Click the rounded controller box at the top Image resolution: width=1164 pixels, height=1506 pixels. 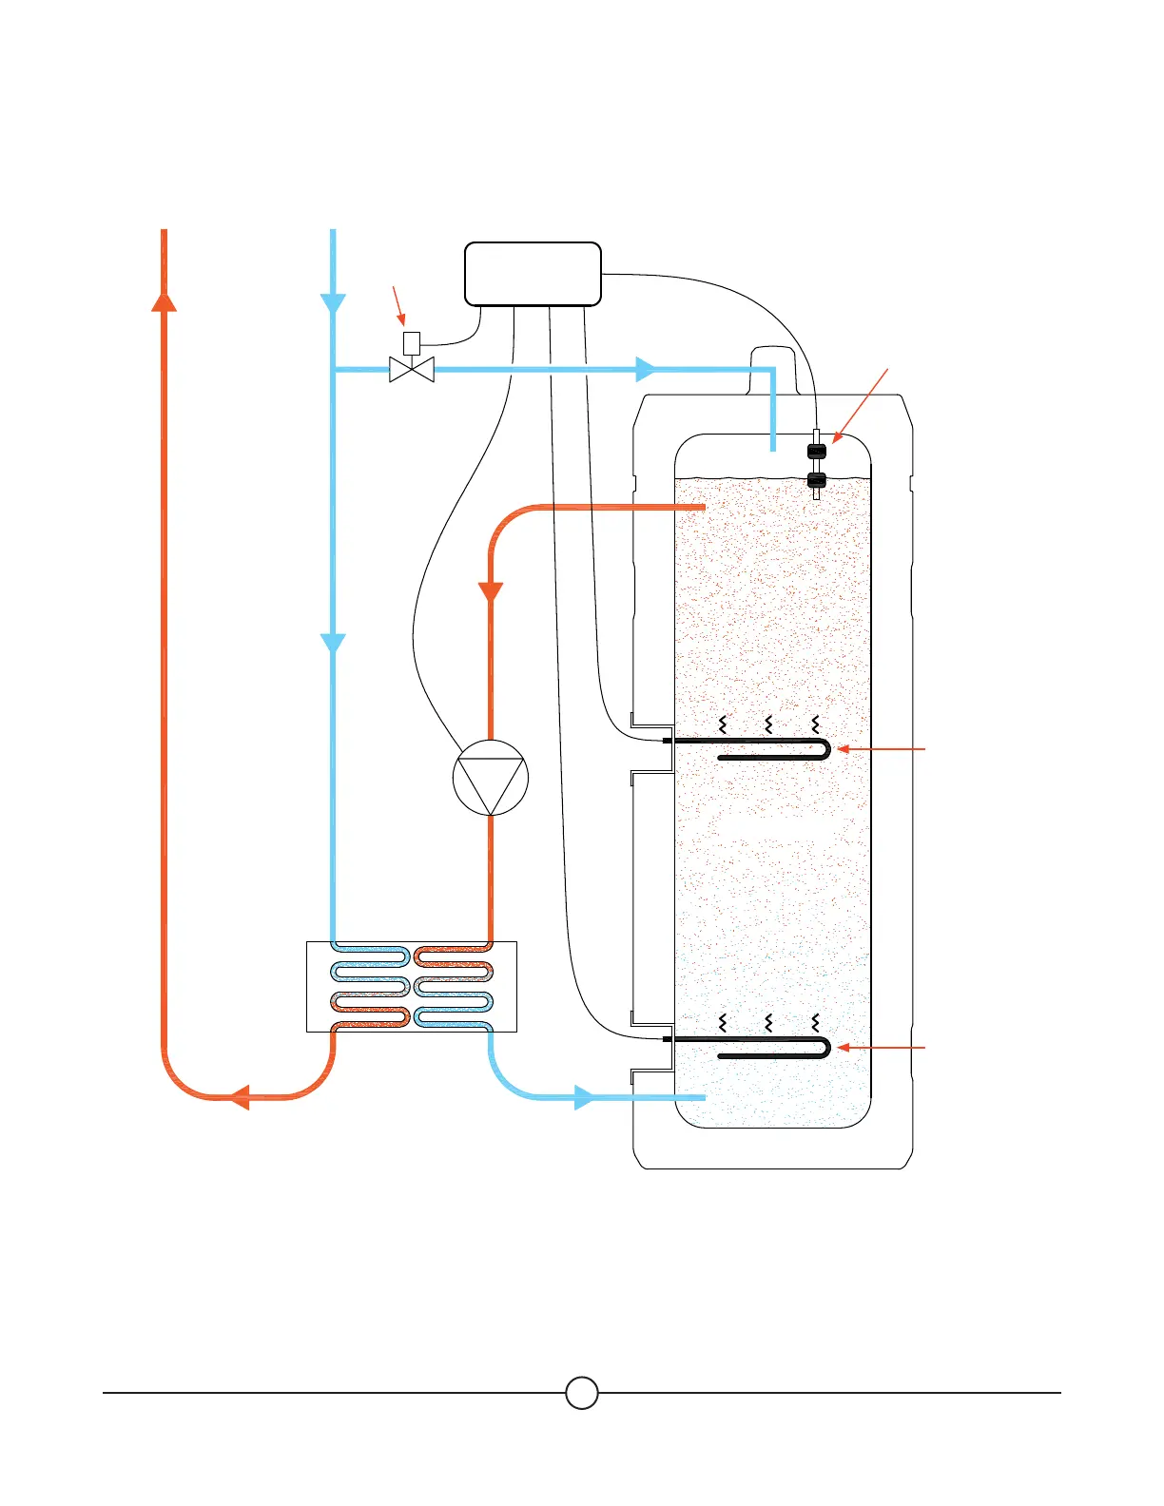533,274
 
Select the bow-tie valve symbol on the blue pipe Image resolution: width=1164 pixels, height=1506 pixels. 412,369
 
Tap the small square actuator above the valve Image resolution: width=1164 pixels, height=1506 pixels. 412,342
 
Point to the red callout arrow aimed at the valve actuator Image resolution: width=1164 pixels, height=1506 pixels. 399,306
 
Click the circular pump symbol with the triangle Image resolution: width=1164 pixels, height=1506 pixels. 491,778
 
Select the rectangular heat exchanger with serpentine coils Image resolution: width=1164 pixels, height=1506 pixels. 412,986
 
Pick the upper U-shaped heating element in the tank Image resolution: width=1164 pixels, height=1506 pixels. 770,749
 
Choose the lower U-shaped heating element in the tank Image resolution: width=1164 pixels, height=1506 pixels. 770,1048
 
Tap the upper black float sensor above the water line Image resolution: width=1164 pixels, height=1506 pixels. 816,451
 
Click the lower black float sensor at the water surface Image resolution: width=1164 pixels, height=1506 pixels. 816,480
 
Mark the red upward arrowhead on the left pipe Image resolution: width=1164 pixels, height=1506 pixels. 165,300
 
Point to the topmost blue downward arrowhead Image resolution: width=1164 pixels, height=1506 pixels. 333,304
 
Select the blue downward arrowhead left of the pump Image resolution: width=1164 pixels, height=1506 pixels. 333,644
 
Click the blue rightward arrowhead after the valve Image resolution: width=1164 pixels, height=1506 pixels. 646,369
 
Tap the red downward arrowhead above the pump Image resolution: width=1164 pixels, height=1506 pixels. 491,590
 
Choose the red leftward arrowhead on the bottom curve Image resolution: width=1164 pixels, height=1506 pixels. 240,1097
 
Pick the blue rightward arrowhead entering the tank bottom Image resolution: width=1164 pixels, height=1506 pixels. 584,1097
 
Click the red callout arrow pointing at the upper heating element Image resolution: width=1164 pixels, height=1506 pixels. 880,749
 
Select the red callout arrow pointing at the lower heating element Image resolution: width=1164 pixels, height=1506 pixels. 880,1048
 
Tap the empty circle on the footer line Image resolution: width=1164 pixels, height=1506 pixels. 582,1393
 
